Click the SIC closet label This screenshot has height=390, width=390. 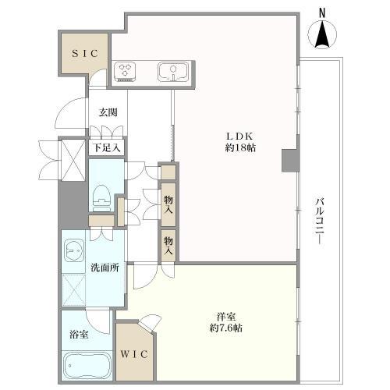tap(85, 54)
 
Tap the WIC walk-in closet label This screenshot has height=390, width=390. tap(134, 354)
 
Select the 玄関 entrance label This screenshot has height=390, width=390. tap(108, 112)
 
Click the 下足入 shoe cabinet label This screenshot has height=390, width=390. tap(107, 148)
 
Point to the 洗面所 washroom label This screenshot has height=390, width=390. tap(105, 268)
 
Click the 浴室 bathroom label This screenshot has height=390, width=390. tap(79, 335)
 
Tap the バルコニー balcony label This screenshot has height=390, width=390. tap(320, 222)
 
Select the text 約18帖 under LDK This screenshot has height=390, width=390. tap(240, 148)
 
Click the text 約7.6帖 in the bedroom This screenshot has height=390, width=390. tap(226, 328)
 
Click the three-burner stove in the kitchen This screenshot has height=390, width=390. tap(125, 72)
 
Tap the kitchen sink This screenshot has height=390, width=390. tap(172, 72)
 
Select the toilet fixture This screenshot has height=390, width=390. tap(101, 198)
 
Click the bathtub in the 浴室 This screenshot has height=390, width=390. tap(87, 366)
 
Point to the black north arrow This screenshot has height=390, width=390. tap(322, 34)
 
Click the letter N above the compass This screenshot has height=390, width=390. tap(322, 13)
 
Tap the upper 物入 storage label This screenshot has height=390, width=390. tap(168, 204)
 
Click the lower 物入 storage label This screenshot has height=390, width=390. tap(168, 246)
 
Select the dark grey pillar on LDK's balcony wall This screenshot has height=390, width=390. tap(290, 161)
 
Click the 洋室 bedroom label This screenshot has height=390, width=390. tap(226, 317)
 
